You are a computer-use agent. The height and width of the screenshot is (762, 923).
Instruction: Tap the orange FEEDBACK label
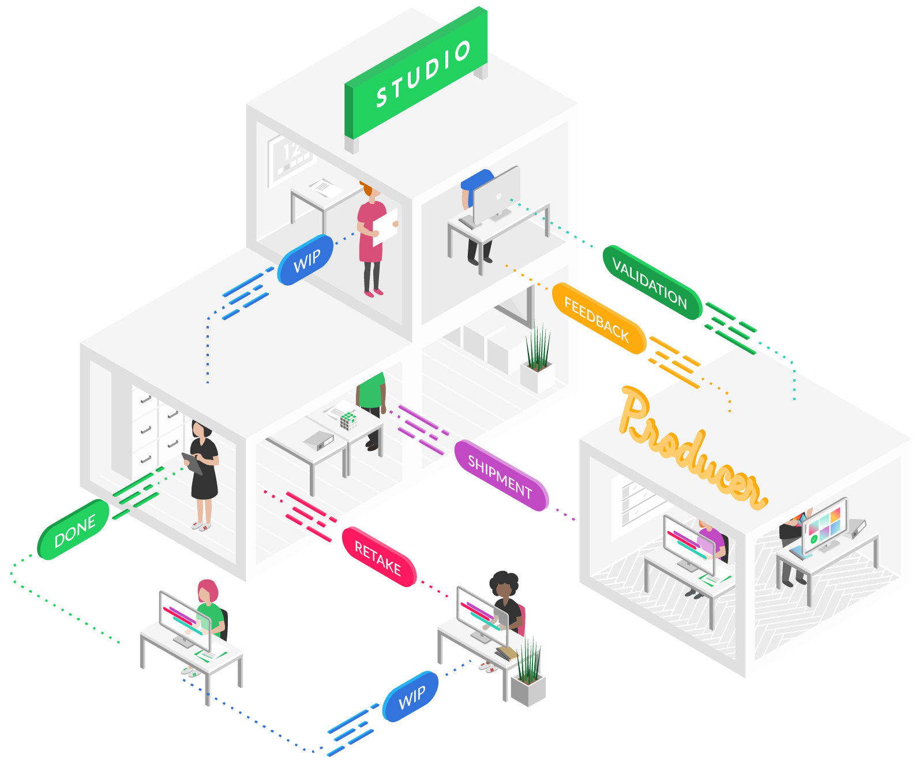tap(598, 318)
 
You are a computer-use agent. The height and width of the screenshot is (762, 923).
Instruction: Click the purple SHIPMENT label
tap(501, 476)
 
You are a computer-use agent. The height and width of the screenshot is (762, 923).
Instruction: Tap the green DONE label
tap(74, 530)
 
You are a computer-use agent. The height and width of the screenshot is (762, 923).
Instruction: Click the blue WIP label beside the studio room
tap(306, 260)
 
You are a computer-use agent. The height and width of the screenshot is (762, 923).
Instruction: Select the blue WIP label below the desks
tap(411, 697)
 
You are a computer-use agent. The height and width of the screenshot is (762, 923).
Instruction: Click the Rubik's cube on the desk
tap(348, 420)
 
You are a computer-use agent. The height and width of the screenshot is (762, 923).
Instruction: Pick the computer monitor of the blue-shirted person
tap(497, 193)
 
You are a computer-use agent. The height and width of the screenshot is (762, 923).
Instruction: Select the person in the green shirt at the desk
tap(371, 398)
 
